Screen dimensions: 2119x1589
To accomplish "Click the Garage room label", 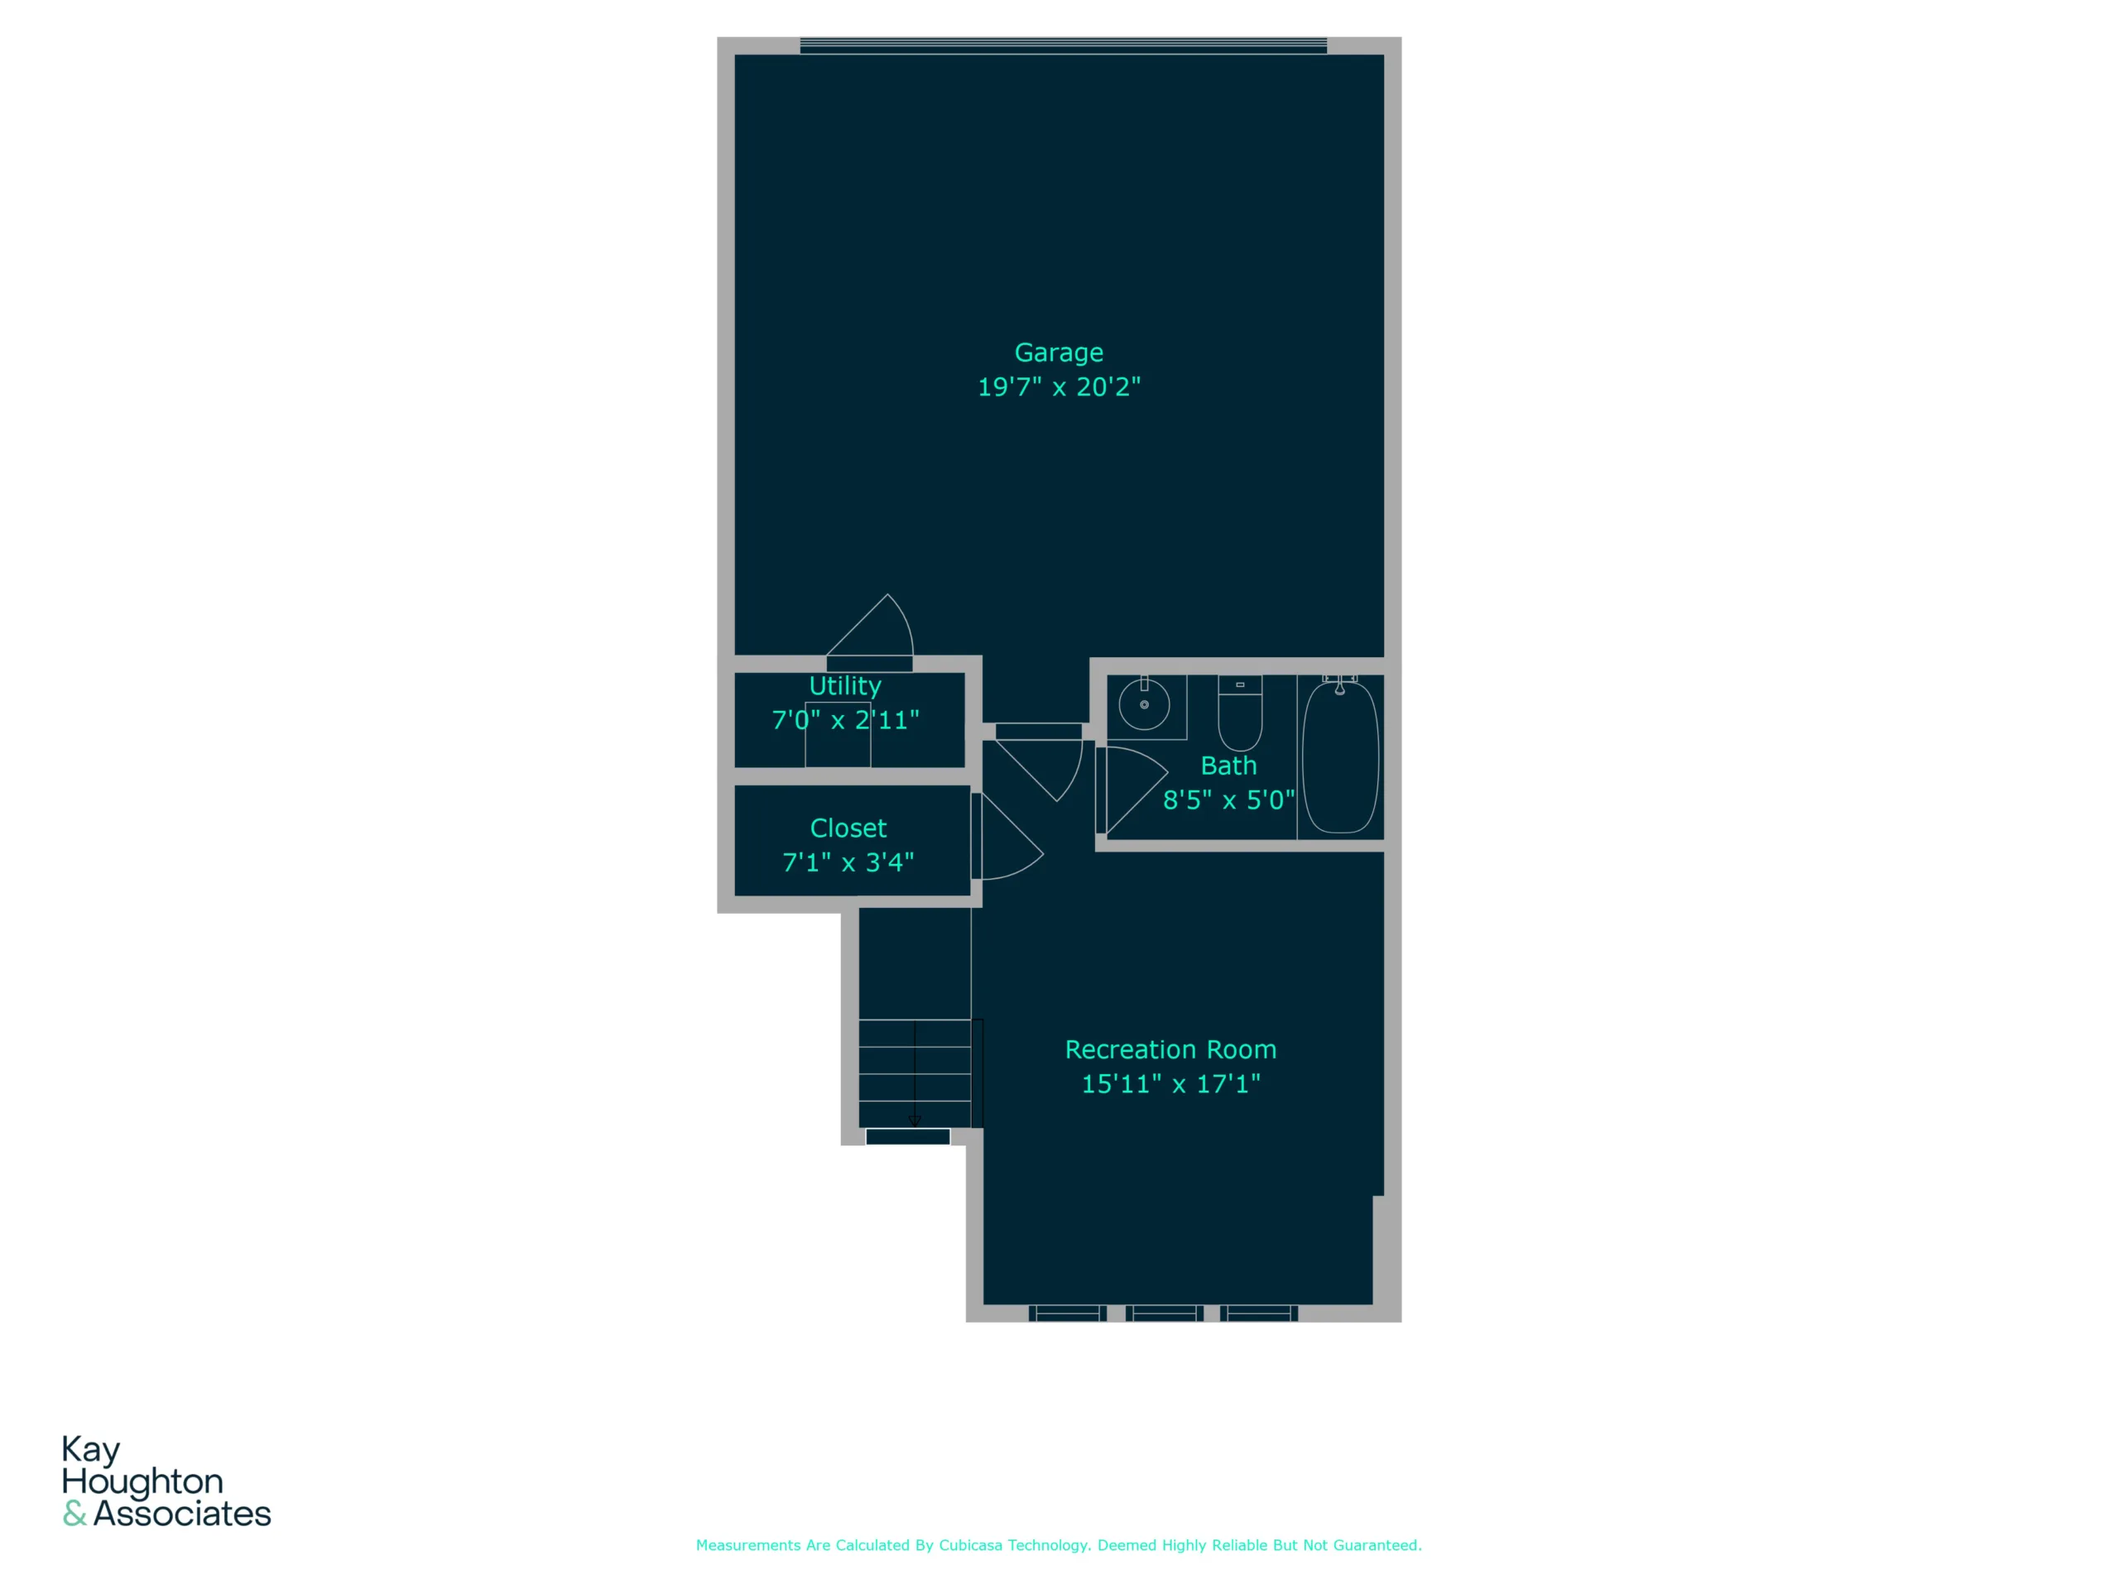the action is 1059,353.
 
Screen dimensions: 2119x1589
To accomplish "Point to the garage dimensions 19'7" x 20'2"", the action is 1059,387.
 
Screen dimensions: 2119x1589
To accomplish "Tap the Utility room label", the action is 845,686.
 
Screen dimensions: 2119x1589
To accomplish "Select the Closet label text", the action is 848,828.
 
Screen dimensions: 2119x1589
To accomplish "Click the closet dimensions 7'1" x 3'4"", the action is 848,862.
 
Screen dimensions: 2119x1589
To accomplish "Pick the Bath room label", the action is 1228,766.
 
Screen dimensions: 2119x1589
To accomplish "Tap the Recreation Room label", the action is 1170,1049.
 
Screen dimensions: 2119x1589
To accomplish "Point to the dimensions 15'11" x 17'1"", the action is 1170,1083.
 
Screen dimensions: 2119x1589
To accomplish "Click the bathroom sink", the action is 1145,706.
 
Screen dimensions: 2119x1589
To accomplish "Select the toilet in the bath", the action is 1240,713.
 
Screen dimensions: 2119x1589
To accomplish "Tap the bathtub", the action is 1340,756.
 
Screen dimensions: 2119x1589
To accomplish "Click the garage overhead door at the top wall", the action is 1064,45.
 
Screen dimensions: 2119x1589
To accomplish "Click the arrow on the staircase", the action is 915,1073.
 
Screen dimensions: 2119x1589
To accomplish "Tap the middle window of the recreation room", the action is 1164,1313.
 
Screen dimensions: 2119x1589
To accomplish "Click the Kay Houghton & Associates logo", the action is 166,1481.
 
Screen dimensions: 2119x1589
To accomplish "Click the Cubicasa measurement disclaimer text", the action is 1059,1545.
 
